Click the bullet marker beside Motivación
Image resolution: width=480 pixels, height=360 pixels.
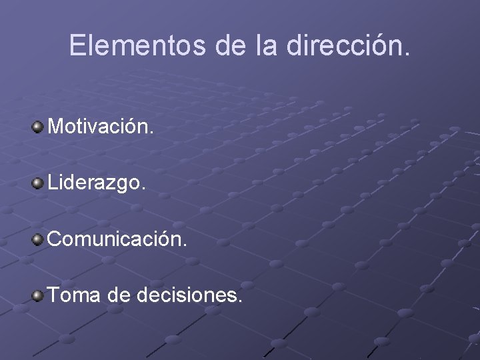pos(38,126)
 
